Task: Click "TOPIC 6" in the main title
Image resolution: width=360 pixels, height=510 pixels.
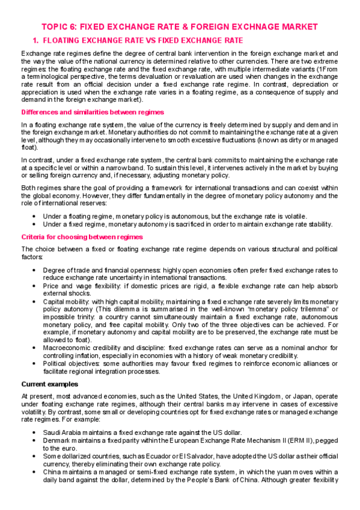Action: coord(58,27)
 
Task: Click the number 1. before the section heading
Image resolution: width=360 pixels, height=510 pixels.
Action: coord(35,40)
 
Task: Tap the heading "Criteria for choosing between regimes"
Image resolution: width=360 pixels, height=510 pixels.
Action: coord(81,236)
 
